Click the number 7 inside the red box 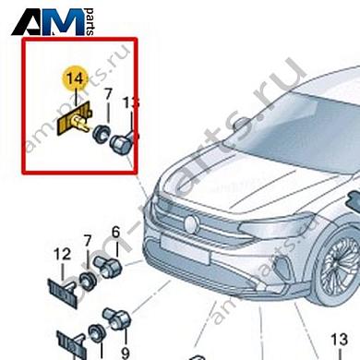(x=107, y=95)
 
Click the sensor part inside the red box (x=121, y=143)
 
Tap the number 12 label (x=62, y=255)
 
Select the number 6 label (x=115, y=232)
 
